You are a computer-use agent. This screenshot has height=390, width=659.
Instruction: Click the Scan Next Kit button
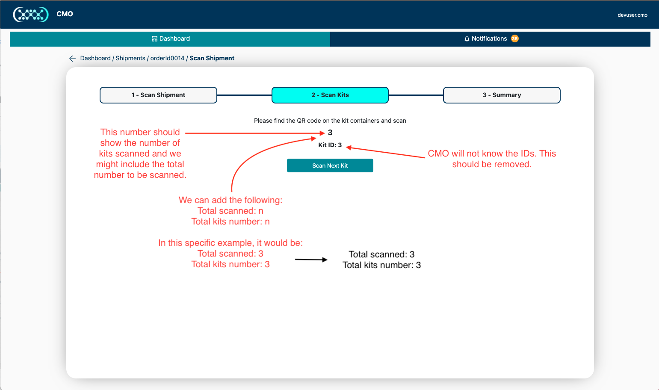(330, 165)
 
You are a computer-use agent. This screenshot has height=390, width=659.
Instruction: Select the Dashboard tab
(170, 38)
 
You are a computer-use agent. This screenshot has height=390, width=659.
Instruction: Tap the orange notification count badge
(515, 38)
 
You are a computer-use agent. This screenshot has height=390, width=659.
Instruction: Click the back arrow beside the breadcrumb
(72, 59)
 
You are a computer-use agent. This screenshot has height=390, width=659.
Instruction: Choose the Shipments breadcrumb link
(130, 58)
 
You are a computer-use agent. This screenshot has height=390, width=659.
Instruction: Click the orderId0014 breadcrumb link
(167, 58)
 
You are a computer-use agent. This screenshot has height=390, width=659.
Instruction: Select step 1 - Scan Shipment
(158, 95)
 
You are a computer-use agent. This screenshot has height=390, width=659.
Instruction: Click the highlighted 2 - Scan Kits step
(330, 95)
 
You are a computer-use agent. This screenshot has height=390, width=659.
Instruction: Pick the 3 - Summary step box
(502, 95)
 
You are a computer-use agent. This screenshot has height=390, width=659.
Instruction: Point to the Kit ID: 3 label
(330, 145)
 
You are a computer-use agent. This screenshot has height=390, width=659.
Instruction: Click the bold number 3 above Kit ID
(330, 133)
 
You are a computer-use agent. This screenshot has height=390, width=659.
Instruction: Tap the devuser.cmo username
(632, 15)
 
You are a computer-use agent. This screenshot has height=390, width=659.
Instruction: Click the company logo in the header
(31, 14)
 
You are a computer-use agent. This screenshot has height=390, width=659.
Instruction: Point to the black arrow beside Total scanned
(311, 260)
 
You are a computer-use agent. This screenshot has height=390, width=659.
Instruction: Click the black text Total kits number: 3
(381, 265)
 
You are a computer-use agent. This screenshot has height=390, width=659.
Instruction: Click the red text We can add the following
(231, 200)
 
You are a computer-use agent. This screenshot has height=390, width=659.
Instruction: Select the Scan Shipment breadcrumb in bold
(212, 58)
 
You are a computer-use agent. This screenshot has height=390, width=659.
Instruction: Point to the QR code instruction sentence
(330, 121)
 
